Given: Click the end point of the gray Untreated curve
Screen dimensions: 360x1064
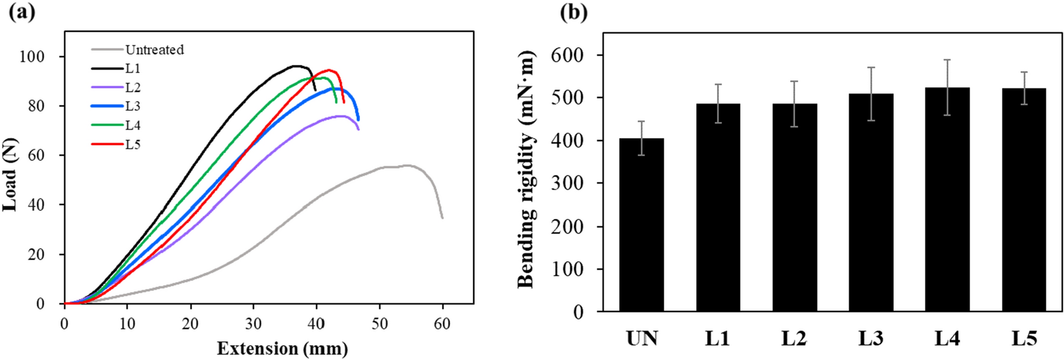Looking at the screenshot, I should [x=442, y=218].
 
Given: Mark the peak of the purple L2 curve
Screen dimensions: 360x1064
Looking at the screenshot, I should [x=340, y=116].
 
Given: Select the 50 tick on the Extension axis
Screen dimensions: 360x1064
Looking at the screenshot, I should [x=379, y=323].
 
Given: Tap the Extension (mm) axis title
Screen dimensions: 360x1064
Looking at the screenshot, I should [x=282, y=349].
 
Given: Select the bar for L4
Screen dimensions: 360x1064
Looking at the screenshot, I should [x=947, y=199].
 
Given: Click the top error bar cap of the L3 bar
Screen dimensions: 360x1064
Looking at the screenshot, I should [x=870, y=67].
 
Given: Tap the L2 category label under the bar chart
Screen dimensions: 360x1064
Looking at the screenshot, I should [x=794, y=339].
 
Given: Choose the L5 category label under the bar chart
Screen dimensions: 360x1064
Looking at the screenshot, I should [x=1024, y=339].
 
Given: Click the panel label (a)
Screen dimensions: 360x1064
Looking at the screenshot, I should [x=22, y=12].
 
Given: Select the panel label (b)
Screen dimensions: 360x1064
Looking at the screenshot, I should [x=573, y=12].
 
